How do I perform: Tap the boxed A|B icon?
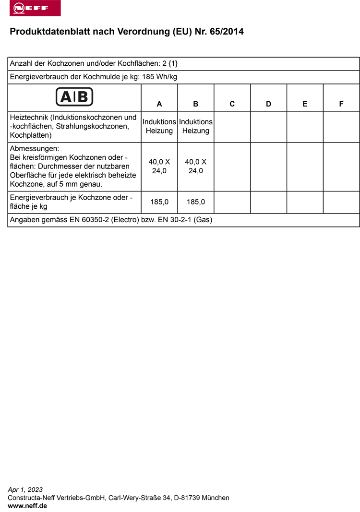pos(74,97)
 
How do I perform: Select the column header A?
pos(159,104)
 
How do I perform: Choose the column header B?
pos(196,104)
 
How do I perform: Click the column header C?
pos(232,104)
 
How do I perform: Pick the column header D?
pos(269,104)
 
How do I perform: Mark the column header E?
pos(305,104)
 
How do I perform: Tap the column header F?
pos(341,104)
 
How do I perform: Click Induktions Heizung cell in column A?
pos(159,126)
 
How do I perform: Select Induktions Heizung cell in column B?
pos(196,126)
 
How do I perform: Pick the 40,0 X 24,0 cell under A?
pos(159,166)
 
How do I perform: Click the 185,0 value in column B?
pos(196,202)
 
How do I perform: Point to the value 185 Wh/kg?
pos(160,77)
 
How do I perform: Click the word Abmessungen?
pos(34,149)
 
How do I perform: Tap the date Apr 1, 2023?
pos(25,490)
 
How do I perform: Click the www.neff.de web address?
pos(27,506)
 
